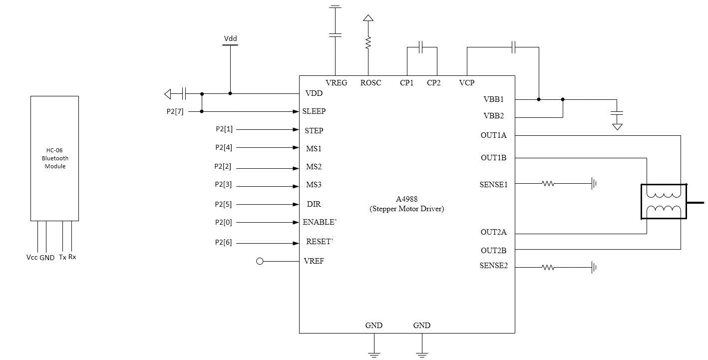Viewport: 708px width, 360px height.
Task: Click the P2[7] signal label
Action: [x=175, y=111]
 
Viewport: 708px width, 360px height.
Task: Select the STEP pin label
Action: [x=314, y=130]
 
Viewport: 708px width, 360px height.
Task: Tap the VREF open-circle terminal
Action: [x=260, y=262]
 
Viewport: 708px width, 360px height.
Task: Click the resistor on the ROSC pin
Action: [x=368, y=42]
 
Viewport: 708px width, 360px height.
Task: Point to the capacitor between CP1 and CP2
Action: [x=421, y=47]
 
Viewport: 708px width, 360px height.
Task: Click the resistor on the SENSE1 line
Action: [x=548, y=183]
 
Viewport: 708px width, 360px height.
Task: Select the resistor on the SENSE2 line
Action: [x=548, y=268]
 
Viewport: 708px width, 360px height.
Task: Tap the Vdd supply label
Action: [x=230, y=38]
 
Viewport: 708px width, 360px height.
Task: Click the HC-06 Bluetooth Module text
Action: [x=55, y=158]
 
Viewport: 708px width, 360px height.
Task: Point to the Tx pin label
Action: [x=62, y=257]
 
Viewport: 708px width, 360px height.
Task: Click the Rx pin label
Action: [x=72, y=257]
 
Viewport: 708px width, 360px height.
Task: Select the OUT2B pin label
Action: [x=493, y=251]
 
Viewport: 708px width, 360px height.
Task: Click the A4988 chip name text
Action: [x=407, y=199]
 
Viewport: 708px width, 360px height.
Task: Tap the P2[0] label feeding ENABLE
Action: [x=224, y=223]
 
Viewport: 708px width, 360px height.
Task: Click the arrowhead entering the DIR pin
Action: [x=296, y=205]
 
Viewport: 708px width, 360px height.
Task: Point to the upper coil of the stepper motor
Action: [x=664, y=195]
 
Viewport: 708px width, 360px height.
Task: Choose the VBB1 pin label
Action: [x=493, y=99]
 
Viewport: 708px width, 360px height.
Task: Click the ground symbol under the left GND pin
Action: [x=374, y=355]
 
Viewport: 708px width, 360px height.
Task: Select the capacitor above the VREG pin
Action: [x=336, y=35]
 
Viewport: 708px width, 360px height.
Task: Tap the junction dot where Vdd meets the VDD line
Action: [x=230, y=93]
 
